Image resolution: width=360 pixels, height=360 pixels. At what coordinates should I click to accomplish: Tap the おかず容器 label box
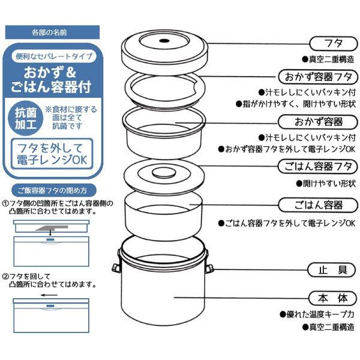coord(319,122)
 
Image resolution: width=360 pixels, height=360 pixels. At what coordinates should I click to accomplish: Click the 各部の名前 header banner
coord(55,31)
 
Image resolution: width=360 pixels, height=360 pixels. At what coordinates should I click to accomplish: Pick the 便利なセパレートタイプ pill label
coord(55,56)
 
